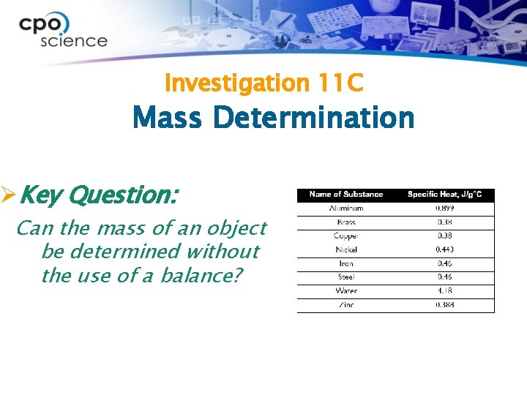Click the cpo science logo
(63, 31)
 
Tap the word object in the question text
(236, 228)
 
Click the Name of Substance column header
(346, 195)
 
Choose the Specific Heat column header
(444, 195)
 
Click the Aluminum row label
(346, 208)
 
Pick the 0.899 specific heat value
(444, 208)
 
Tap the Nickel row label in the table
(346, 250)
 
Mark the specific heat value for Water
(444, 291)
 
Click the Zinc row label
(346, 305)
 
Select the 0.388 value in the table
(444, 305)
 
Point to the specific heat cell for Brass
(444, 222)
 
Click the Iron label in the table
(346, 263)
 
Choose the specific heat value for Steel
(444, 277)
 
